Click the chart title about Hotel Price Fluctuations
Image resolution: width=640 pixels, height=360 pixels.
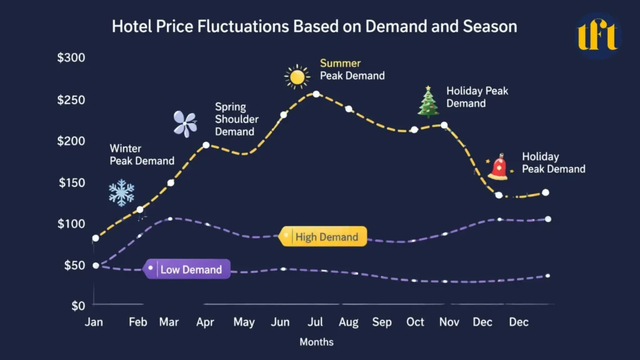(314, 27)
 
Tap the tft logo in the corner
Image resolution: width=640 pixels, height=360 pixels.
(597, 35)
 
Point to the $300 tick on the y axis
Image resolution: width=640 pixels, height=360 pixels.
(71, 58)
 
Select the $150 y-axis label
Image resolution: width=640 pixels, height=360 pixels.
(71, 182)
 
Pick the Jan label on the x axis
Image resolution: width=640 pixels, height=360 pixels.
(94, 322)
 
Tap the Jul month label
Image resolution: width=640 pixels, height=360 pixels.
(315, 322)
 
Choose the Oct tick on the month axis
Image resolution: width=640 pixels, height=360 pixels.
(415, 322)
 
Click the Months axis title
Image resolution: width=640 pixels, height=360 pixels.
(316, 342)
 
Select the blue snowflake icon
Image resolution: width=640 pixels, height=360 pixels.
(121, 193)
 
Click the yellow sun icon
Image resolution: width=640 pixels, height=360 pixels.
(297, 77)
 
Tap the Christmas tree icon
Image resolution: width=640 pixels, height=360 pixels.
(428, 102)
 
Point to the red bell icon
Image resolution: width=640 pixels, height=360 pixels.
(498, 167)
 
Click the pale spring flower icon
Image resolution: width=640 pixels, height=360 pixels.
(186, 124)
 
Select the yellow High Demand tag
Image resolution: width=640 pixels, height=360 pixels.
(323, 237)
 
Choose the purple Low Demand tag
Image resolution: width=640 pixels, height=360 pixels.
(187, 269)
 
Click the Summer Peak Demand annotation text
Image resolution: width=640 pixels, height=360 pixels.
(352, 69)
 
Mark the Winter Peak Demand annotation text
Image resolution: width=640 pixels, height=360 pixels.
(142, 155)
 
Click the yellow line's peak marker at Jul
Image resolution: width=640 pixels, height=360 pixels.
(316, 94)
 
